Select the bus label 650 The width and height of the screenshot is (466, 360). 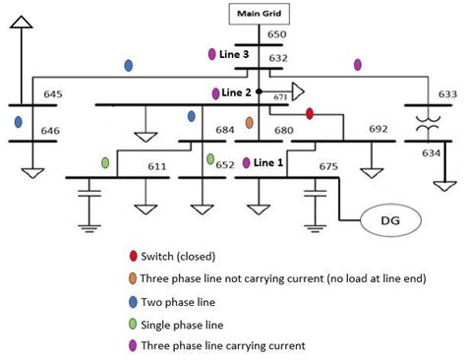tap(277, 35)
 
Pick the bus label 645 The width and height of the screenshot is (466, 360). tap(53, 95)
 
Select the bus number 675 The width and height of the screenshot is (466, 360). tap(327, 168)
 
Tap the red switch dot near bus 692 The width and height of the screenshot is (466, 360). tap(309, 115)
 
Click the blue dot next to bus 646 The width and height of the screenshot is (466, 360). tap(19, 122)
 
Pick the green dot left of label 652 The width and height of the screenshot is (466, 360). tap(209, 159)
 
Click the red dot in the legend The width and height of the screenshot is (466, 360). tap(133, 258)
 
